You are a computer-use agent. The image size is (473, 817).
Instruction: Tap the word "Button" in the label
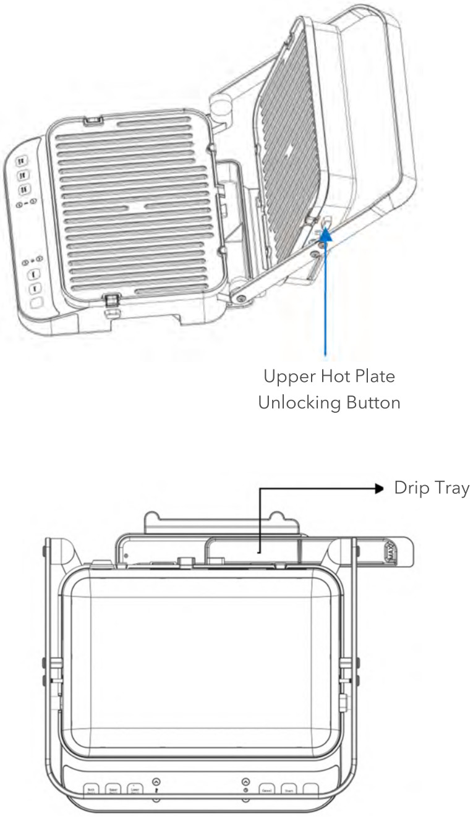[x=369, y=402]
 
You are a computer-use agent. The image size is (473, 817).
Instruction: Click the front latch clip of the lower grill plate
[x=111, y=301]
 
